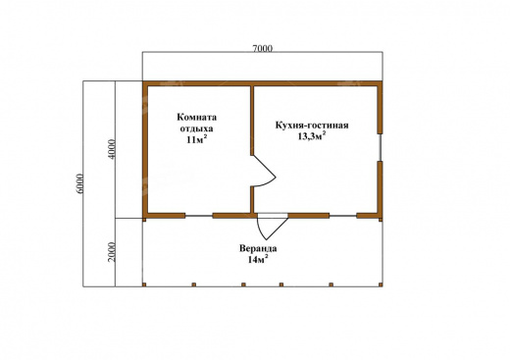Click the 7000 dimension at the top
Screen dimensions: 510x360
pyautogui.click(x=262, y=48)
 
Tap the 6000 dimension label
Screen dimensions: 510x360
pyautogui.click(x=79, y=183)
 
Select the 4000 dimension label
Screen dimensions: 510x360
pyautogui.click(x=112, y=149)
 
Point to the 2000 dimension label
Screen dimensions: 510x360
pyautogui.click(x=112, y=252)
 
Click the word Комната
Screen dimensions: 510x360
pyautogui.click(x=197, y=117)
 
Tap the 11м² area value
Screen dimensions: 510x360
pyautogui.click(x=197, y=139)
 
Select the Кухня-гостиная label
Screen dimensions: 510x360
pyautogui.click(x=312, y=126)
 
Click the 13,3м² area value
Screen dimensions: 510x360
pyautogui.click(x=312, y=136)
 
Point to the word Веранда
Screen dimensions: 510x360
pyautogui.click(x=258, y=248)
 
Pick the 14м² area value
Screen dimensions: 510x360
pyautogui.click(x=258, y=260)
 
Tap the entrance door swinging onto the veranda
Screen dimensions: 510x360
pyautogui.click(x=273, y=226)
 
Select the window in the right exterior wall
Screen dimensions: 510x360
pyautogui.click(x=381, y=147)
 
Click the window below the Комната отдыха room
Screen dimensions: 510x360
pyautogui.click(x=199, y=216)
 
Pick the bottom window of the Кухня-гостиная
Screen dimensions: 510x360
pyautogui.click(x=342, y=216)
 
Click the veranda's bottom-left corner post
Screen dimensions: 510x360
pyautogui.click(x=144, y=284)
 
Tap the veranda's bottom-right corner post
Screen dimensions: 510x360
pyautogui.click(x=381, y=284)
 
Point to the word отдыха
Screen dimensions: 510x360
pyautogui.click(x=197, y=129)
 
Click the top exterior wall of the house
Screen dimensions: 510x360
pyautogui.click(x=262, y=83)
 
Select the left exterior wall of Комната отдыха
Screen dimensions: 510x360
pyautogui.click(x=145, y=149)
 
